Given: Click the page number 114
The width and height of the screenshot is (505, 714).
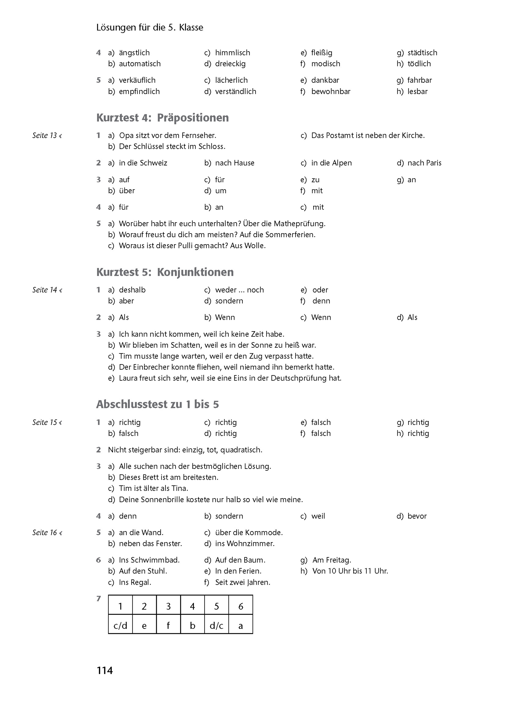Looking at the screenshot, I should pyautogui.click(x=105, y=670).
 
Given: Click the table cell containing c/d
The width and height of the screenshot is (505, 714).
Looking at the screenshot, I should pyautogui.click(x=120, y=626).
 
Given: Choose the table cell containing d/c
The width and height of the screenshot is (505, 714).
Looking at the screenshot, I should pyautogui.click(x=217, y=626).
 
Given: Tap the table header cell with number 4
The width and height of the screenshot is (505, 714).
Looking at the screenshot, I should pyautogui.click(x=193, y=606).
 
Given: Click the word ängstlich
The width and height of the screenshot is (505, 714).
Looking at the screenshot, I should pyautogui.click(x=134, y=53).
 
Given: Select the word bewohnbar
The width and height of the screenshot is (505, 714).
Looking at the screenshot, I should pyautogui.click(x=331, y=91).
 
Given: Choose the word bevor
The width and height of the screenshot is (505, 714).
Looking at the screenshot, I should pyautogui.click(x=417, y=516).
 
